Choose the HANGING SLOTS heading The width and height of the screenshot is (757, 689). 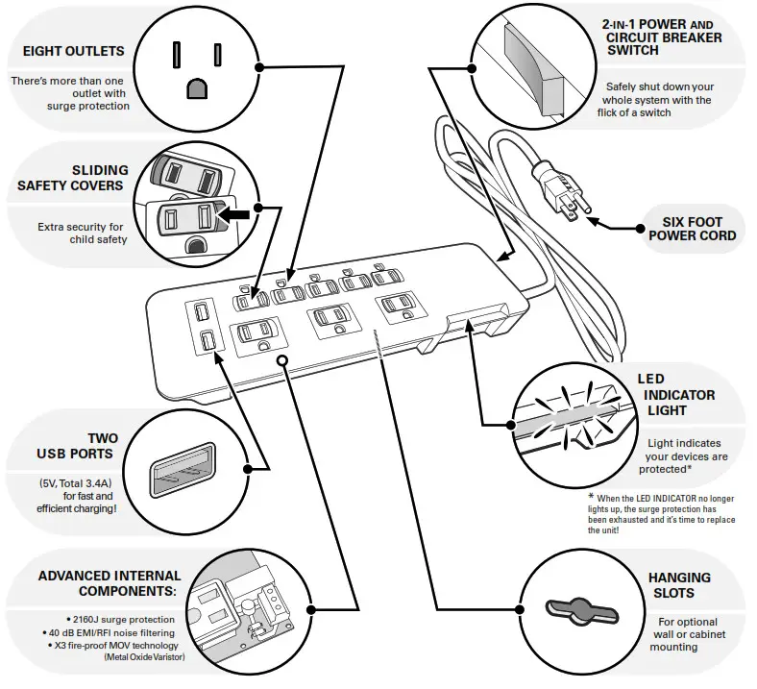[x=679, y=584]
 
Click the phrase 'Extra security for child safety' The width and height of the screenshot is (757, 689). [x=82, y=233]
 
